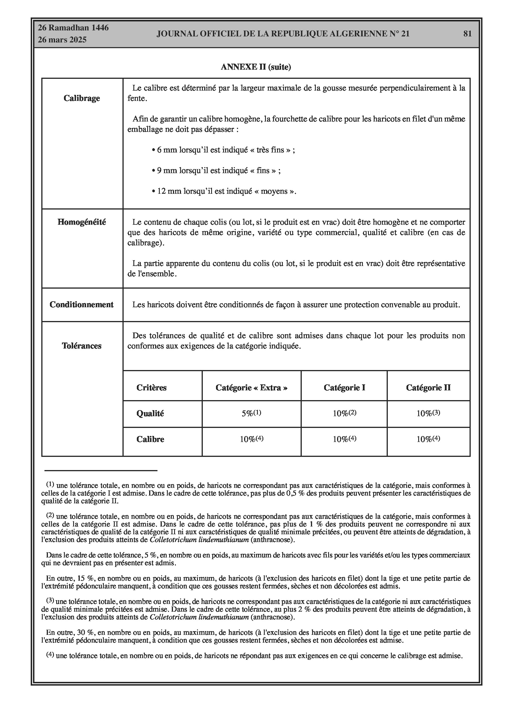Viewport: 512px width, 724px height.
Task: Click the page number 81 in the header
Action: coord(467,34)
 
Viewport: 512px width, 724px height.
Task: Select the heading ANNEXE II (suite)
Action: coord(256,67)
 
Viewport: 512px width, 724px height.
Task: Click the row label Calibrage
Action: coord(82,98)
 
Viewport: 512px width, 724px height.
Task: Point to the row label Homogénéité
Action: coord(82,222)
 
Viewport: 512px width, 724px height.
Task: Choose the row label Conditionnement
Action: coord(81,305)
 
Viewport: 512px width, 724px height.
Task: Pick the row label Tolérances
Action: coord(82,346)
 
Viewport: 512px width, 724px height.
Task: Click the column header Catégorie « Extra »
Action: coord(251,388)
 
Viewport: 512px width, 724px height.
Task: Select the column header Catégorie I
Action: coord(344,388)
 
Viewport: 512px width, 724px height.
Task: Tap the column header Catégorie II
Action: coord(428,388)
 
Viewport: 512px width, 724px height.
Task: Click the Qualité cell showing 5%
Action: coord(251,413)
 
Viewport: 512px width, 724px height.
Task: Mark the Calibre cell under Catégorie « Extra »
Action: coord(251,439)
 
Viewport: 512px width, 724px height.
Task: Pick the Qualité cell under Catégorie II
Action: coord(428,413)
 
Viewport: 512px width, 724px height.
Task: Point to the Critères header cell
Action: coord(151,388)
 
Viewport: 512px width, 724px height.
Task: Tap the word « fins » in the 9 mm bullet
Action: coord(262,171)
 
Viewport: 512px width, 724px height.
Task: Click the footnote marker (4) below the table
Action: coord(50,655)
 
